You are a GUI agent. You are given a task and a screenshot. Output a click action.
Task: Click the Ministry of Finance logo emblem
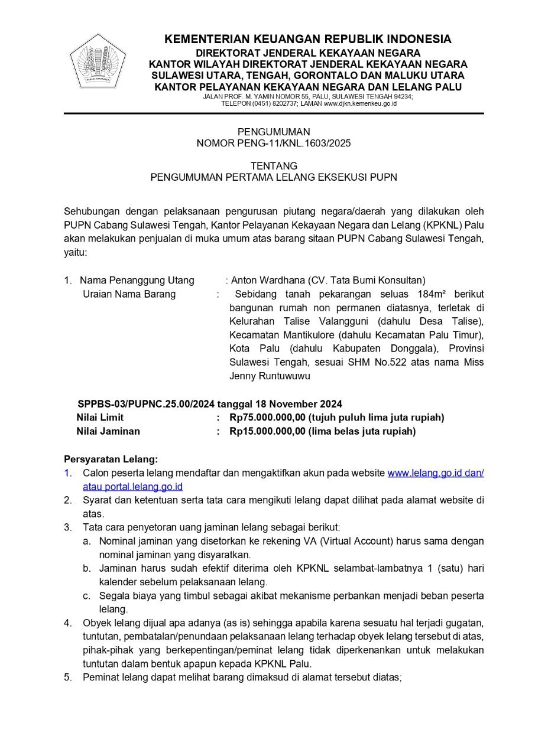98,62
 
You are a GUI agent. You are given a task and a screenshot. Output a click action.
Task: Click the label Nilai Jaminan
108,431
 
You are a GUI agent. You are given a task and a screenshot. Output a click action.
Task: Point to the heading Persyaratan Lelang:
111,459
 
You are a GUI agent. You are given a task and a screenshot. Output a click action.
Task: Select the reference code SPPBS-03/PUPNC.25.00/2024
147,405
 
